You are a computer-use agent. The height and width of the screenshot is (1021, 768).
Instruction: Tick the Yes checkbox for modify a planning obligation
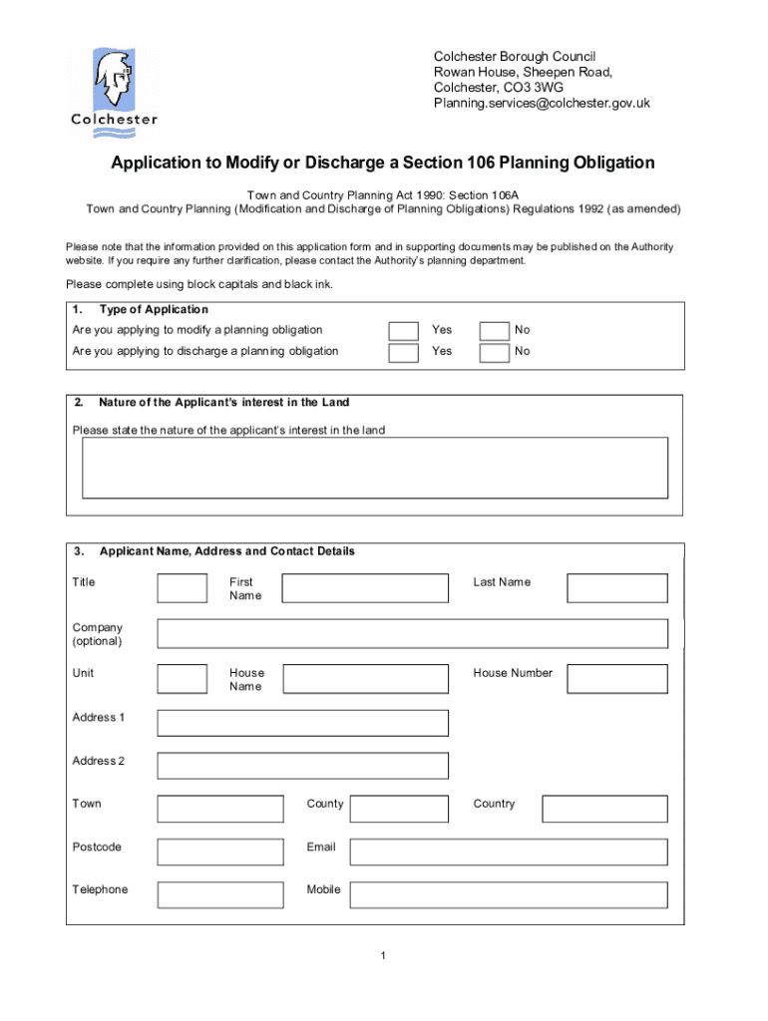(403, 330)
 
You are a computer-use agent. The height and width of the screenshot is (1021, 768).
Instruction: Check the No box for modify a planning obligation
(494, 330)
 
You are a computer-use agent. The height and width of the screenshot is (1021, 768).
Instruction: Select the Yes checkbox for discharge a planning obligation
(403, 352)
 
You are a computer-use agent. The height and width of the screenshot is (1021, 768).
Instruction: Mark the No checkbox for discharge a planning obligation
(494, 352)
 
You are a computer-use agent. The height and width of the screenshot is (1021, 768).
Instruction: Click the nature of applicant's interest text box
(375, 468)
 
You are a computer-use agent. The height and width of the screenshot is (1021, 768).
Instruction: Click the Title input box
(183, 588)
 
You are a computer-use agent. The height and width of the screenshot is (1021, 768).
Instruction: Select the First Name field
(365, 588)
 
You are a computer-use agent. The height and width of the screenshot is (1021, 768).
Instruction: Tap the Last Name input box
(616, 588)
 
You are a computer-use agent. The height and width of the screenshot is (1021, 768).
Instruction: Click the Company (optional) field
(412, 634)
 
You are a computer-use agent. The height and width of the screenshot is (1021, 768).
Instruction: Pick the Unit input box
(183, 679)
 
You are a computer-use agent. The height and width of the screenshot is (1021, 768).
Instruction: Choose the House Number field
(616, 679)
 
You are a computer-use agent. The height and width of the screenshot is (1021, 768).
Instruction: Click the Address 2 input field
(302, 766)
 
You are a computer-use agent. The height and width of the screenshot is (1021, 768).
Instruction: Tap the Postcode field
(219, 851)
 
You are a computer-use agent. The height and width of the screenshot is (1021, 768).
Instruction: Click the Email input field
(508, 851)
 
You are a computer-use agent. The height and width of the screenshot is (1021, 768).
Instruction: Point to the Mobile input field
(508, 894)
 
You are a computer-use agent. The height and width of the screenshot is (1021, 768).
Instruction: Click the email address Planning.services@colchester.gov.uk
(542, 103)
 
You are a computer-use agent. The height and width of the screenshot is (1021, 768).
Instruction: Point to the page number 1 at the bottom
(383, 957)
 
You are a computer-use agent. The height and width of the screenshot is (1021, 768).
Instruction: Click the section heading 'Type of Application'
(154, 310)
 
